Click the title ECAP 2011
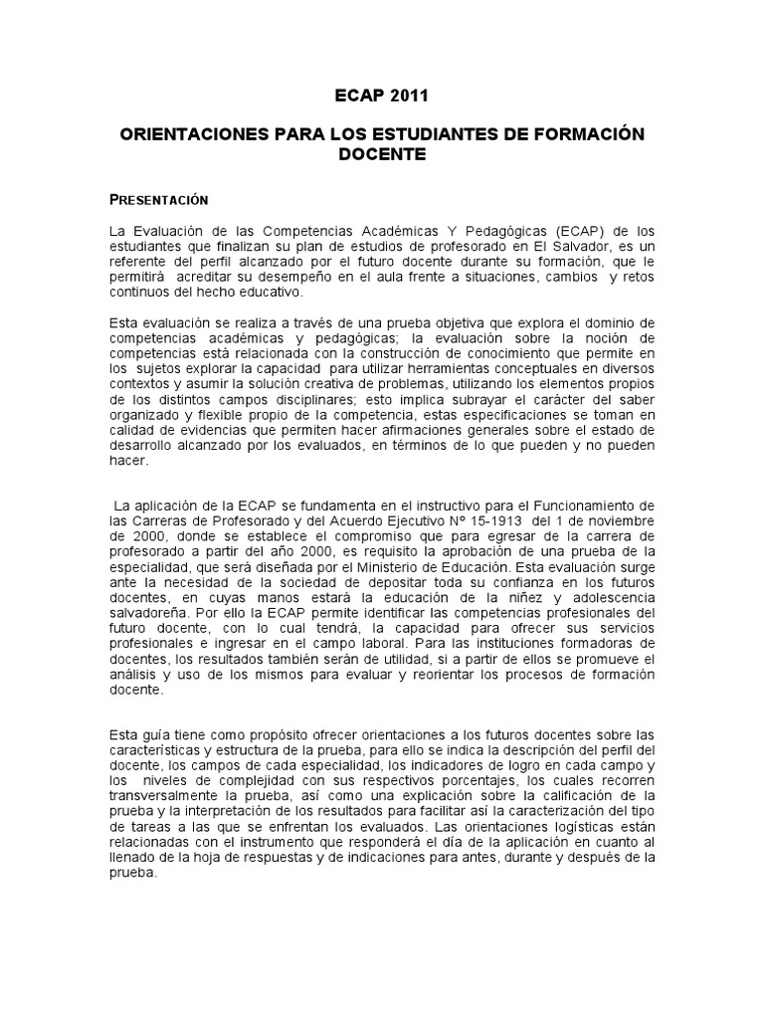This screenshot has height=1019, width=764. [x=382, y=97]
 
